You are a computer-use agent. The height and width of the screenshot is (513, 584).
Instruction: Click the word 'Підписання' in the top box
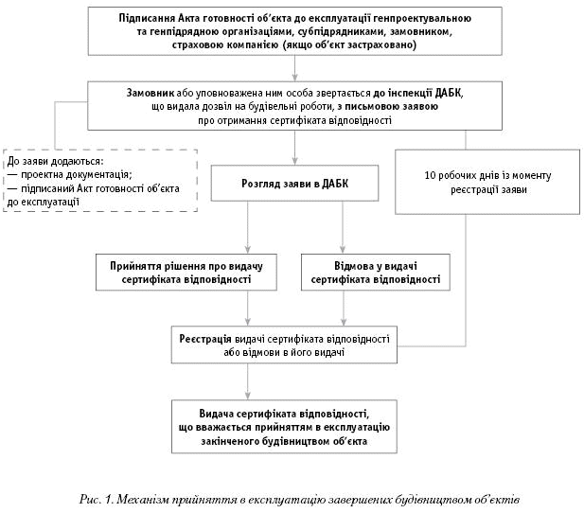(x=149, y=19)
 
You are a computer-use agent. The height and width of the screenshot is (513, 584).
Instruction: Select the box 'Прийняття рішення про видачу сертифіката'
(x=193, y=273)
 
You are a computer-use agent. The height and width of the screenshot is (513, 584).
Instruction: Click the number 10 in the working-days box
(x=429, y=175)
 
